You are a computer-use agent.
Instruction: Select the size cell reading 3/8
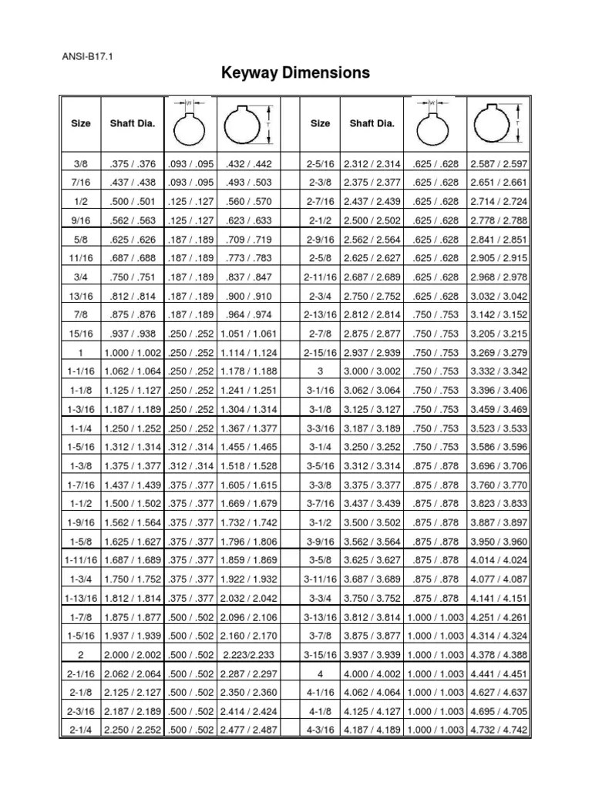80,164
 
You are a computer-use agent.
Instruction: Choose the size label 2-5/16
319,164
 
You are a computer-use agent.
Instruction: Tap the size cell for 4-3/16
319,728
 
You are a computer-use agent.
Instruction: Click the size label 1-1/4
80,428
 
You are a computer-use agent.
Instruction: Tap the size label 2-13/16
319,315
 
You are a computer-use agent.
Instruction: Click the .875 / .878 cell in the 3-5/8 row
436,579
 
